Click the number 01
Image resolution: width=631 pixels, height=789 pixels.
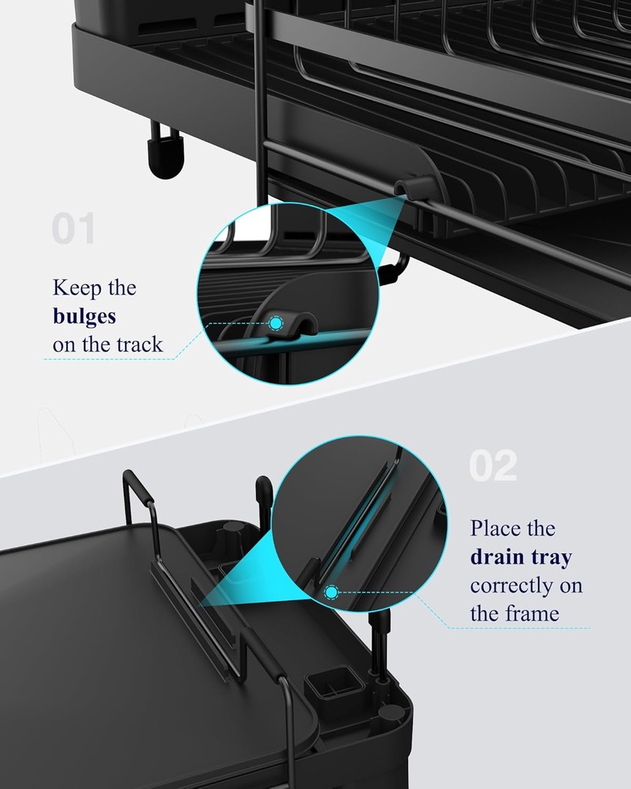[73, 230]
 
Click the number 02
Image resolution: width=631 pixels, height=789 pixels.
[493, 467]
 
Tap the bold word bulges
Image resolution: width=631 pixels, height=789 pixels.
[84, 316]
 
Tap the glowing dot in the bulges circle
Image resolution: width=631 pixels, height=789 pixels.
[274, 324]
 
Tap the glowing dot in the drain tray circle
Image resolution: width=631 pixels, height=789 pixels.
[332, 592]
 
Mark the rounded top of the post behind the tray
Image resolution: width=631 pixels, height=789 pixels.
[263, 487]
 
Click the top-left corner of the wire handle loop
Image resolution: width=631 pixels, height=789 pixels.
[129, 476]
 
